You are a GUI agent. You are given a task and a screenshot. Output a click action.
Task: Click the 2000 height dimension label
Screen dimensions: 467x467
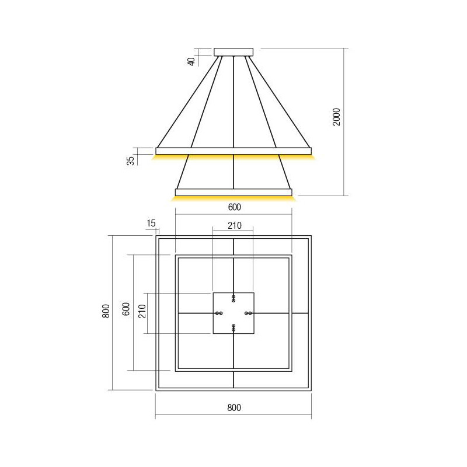click(x=336, y=119)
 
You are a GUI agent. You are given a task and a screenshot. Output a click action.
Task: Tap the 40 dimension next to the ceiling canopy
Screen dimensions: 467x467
click(x=191, y=60)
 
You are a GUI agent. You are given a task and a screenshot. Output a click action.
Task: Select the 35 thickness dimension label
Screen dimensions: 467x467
click(x=131, y=159)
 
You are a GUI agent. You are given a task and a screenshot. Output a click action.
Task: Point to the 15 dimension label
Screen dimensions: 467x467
click(x=151, y=223)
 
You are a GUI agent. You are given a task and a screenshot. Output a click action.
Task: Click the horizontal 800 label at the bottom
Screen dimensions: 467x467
click(x=233, y=407)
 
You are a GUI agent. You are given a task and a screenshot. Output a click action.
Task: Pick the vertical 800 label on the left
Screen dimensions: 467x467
click(x=106, y=313)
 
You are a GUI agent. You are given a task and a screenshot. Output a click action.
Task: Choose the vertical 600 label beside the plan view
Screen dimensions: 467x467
click(x=125, y=310)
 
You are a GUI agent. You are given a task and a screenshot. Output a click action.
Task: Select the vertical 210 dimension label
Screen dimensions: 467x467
click(x=142, y=313)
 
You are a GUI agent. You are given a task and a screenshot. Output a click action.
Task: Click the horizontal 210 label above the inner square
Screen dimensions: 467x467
click(x=233, y=226)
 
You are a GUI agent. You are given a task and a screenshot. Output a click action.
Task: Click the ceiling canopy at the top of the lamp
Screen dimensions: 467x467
click(x=233, y=51)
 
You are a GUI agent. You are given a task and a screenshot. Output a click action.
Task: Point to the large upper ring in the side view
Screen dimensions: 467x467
click(x=233, y=151)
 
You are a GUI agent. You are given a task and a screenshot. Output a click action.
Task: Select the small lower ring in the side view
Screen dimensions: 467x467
click(x=233, y=192)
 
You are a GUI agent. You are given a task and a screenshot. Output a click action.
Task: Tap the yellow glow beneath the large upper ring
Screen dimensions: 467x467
click(x=233, y=157)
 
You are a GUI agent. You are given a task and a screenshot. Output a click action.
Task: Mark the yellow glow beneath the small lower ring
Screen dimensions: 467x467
click(x=233, y=198)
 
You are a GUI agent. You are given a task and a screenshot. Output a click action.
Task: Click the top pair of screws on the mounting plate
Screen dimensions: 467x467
click(x=233, y=298)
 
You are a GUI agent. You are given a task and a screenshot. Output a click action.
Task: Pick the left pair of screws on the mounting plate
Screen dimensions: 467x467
click(x=219, y=313)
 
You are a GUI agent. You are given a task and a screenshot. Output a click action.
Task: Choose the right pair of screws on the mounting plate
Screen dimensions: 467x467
click(x=248, y=313)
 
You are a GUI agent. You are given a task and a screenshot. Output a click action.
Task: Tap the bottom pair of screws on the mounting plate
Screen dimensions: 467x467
click(x=233, y=327)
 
